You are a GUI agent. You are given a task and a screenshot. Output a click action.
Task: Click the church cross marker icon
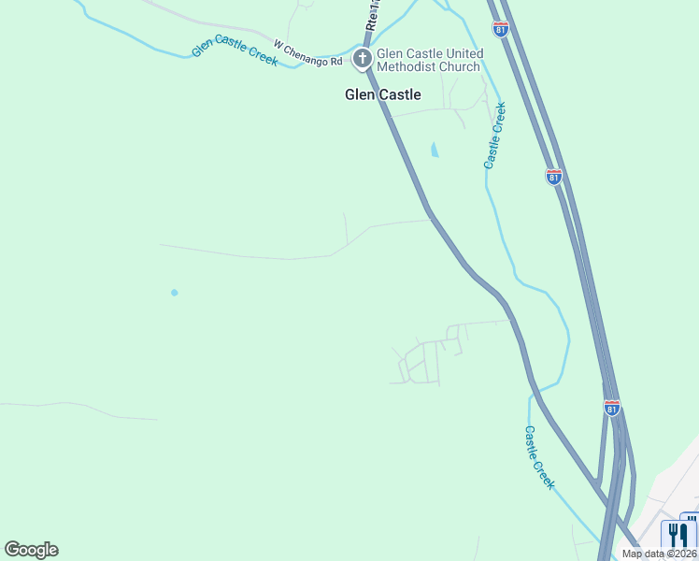[x=363, y=59]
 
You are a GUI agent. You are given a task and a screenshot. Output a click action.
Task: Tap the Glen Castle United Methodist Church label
[x=430, y=60]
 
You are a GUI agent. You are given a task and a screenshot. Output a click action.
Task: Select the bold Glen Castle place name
[x=383, y=94]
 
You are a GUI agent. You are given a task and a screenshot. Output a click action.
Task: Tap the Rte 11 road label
[x=373, y=17]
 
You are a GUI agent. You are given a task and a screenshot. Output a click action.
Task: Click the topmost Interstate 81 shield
[x=502, y=30]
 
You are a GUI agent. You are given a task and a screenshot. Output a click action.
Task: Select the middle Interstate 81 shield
[x=553, y=176]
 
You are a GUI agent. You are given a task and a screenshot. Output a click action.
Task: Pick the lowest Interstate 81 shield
[x=611, y=408]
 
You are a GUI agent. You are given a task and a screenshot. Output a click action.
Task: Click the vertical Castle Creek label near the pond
[x=495, y=136]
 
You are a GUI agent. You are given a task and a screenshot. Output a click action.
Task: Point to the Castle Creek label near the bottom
[x=539, y=457]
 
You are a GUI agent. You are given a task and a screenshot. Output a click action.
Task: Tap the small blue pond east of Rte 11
[x=434, y=150]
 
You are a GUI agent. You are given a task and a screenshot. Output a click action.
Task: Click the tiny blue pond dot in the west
[x=174, y=293]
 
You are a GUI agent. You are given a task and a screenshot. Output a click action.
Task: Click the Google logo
[x=31, y=550]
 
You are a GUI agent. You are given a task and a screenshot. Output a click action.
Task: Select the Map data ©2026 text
[x=657, y=554]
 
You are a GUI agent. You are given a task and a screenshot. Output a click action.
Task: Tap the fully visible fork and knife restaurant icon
[x=675, y=535]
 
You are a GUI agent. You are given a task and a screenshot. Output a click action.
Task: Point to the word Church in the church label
[x=463, y=66]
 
